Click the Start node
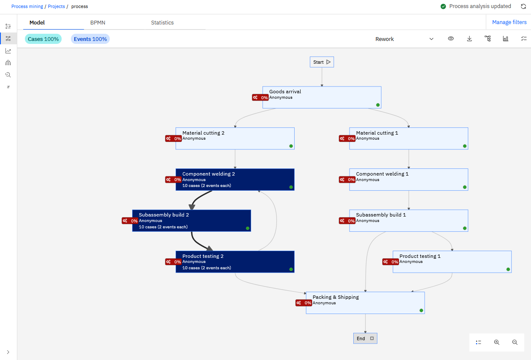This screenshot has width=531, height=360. pyautogui.click(x=322, y=62)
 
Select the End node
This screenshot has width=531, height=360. pyautogui.click(x=365, y=338)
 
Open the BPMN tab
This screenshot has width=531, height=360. pyautogui.click(x=98, y=22)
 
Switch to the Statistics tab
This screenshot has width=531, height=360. pyautogui.click(x=162, y=22)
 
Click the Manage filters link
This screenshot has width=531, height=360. pyautogui.click(x=509, y=22)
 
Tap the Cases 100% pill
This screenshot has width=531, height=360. pyautogui.click(x=43, y=39)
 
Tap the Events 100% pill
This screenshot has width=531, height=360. pyautogui.click(x=90, y=39)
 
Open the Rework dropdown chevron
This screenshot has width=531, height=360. pyautogui.click(x=431, y=39)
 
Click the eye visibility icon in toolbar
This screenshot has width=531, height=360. pyautogui.click(x=451, y=39)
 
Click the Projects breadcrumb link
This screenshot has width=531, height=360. pyautogui.click(x=56, y=6)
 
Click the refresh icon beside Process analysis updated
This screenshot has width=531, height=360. pyautogui.click(x=523, y=6)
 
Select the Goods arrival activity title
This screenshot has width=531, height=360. pyautogui.click(x=285, y=92)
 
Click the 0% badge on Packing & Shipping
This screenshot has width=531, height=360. pyautogui.click(x=303, y=303)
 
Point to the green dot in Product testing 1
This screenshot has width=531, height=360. pyautogui.click(x=508, y=269)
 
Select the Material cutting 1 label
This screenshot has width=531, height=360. pyautogui.click(x=377, y=133)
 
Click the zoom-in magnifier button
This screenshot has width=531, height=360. pyautogui.click(x=497, y=342)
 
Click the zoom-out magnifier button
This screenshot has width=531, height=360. pyautogui.click(x=515, y=342)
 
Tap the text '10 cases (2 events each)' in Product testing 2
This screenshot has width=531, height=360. pyautogui.click(x=206, y=268)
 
